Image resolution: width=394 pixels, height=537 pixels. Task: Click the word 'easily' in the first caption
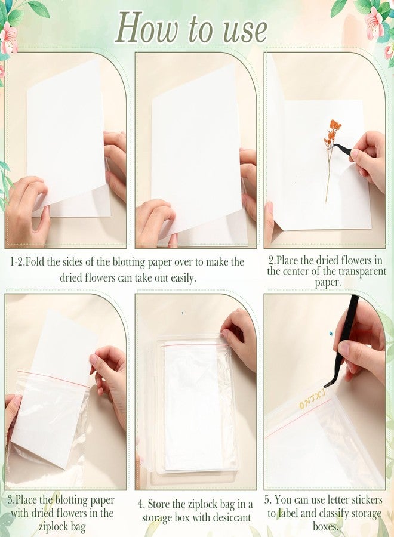point(183,277)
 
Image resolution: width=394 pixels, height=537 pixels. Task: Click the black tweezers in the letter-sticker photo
point(342,342)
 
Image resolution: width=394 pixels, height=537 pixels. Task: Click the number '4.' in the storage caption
point(141,504)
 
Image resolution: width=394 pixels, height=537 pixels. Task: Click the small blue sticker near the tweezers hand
point(331,333)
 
